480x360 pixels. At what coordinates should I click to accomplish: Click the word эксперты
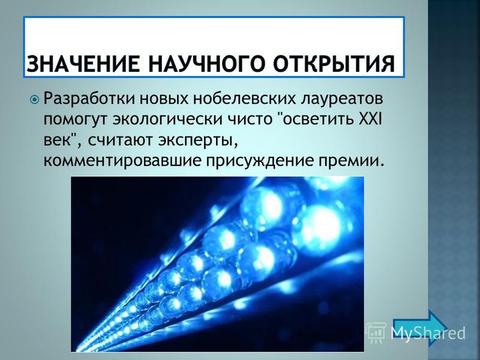(199, 141)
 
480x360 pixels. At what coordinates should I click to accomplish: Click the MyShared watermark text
(428, 333)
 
